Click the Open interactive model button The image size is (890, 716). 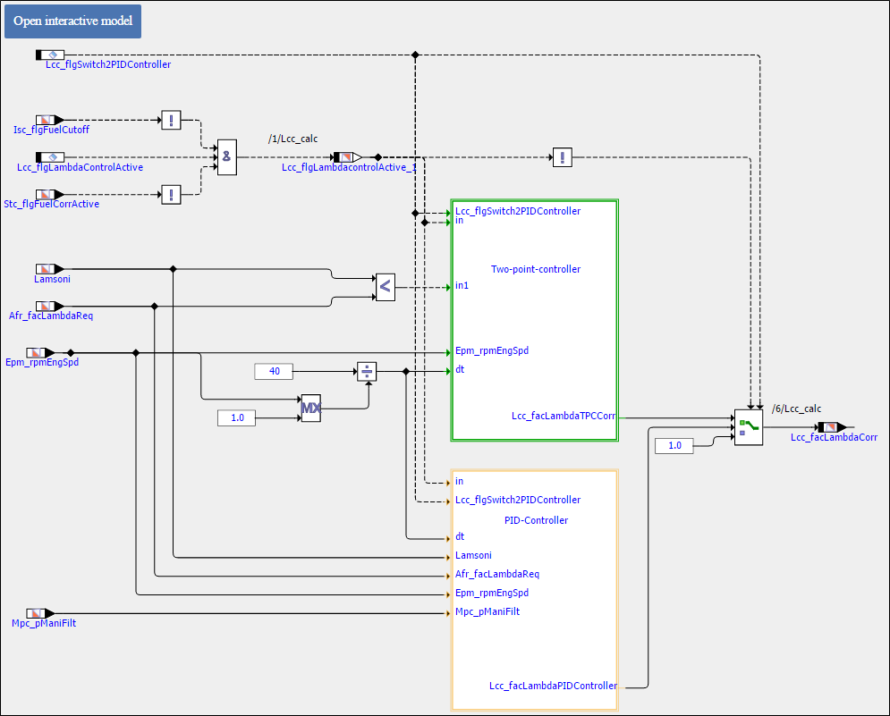pyautogui.click(x=72, y=21)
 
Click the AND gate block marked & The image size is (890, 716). pyautogui.click(x=227, y=156)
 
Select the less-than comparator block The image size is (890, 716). pyautogui.click(x=385, y=287)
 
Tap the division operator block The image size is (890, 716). pyautogui.click(x=367, y=371)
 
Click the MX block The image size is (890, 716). pyautogui.click(x=310, y=408)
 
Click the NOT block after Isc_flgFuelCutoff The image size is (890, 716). pyautogui.click(x=171, y=120)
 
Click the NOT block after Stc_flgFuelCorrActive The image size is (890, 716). pyautogui.click(x=171, y=194)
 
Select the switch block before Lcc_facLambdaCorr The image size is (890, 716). pyautogui.click(x=748, y=427)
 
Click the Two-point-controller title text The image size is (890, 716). pyautogui.click(x=536, y=269)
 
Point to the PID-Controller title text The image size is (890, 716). pyautogui.click(x=536, y=520)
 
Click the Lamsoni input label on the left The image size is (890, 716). pyautogui.click(x=52, y=279)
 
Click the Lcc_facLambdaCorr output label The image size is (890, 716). pyautogui.click(x=834, y=437)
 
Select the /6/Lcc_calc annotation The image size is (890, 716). pyautogui.click(x=796, y=409)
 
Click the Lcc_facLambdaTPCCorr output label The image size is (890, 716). pyautogui.click(x=564, y=416)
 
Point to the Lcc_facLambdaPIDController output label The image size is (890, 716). pyautogui.click(x=553, y=686)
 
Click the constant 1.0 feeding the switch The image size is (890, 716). pyautogui.click(x=674, y=445)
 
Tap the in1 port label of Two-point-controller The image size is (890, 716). pyautogui.click(x=462, y=286)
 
